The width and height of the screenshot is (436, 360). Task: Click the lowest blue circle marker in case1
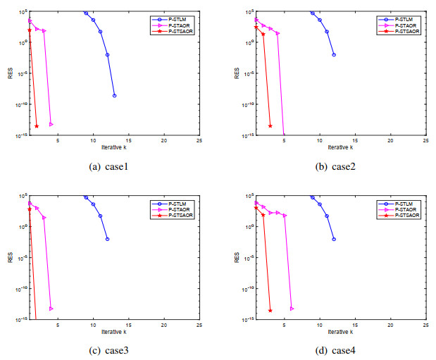tap(114, 96)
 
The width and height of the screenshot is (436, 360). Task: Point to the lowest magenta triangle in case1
tap(51, 124)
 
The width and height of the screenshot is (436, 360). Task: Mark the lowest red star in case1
tap(37, 126)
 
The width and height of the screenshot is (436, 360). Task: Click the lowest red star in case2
tap(270, 126)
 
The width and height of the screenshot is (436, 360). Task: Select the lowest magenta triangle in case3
tap(51, 309)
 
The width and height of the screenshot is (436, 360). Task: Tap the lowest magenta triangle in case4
tap(292, 309)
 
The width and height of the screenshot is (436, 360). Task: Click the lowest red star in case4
tap(270, 310)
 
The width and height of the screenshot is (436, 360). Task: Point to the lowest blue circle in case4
tap(334, 240)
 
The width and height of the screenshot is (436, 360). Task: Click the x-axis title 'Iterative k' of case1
tap(113, 147)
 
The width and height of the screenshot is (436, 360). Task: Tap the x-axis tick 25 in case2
tap(425, 141)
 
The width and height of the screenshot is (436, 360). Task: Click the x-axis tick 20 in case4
tap(390, 325)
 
